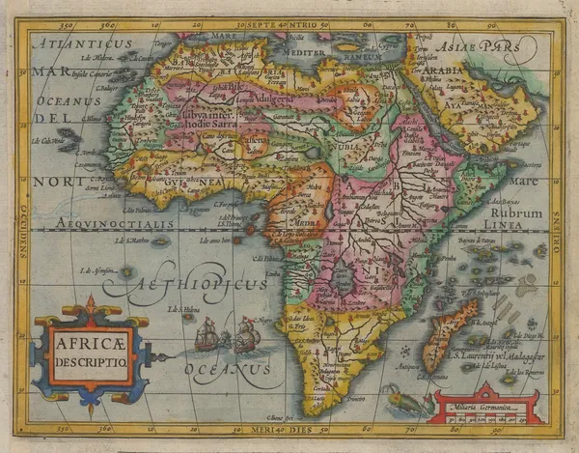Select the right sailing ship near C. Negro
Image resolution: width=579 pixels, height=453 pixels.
tap(245, 336)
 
